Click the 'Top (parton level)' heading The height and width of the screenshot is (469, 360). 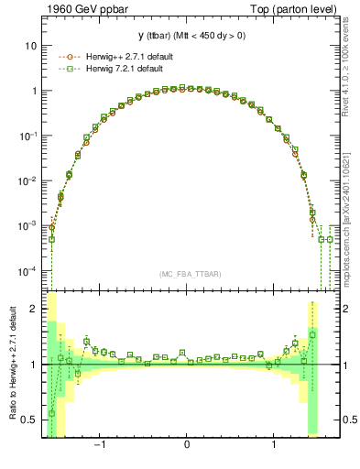[294, 8]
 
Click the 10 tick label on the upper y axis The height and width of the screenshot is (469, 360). [31, 46]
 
